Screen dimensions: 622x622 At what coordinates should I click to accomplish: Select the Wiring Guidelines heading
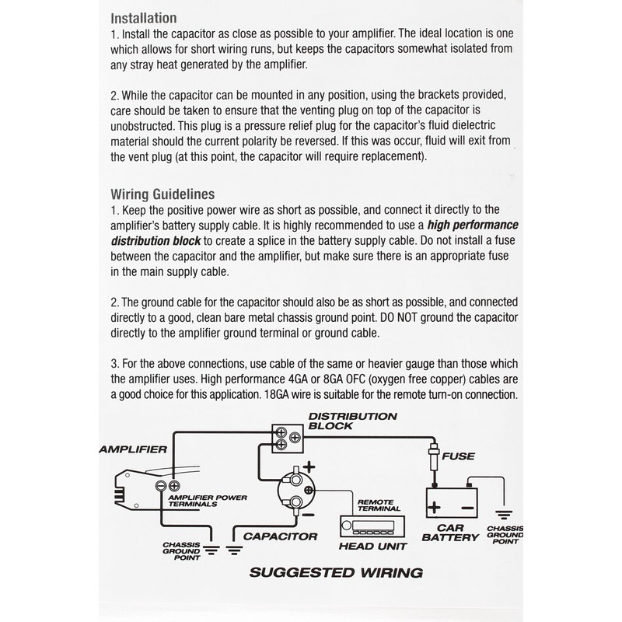pos(162,194)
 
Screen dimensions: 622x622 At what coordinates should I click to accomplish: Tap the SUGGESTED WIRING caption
pos(335,573)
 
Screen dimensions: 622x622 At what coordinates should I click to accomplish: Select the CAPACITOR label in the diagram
pos(280,536)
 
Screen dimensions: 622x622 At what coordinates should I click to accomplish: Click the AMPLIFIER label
pos(132,449)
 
